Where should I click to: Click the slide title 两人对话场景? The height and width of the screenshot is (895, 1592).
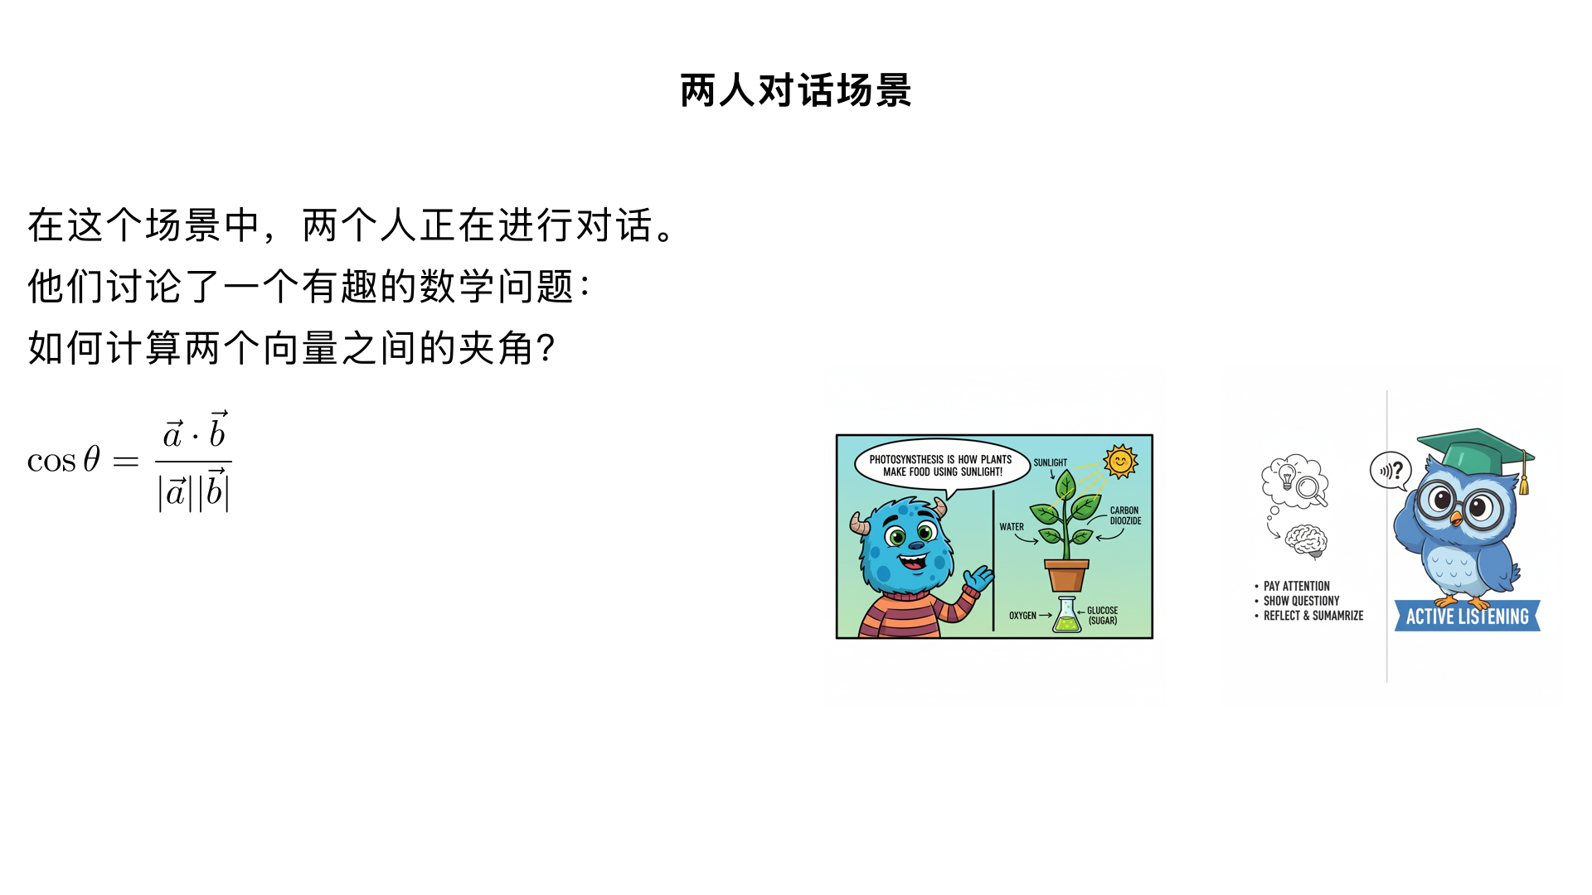coord(796,90)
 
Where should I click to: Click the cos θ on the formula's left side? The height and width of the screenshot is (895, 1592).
coord(64,460)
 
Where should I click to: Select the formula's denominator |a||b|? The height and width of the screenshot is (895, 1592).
coord(194,491)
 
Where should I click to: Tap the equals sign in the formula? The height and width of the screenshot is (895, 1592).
coord(126,461)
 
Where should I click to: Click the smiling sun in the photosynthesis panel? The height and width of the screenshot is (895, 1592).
coord(1120,462)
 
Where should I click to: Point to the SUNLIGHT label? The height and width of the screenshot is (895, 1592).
coord(1051,462)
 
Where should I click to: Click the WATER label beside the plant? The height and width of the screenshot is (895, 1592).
coord(1012,527)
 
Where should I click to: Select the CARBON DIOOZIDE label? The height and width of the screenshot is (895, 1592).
coord(1125,515)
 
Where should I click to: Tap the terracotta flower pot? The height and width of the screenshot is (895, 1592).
coord(1066,575)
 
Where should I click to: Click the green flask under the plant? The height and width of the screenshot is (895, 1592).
coord(1067,616)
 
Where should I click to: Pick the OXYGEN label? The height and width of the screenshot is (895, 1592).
coord(1022,616)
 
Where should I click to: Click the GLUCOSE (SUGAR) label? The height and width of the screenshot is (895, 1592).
coord(1103,616)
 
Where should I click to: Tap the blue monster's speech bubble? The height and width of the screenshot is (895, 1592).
coord(941,466)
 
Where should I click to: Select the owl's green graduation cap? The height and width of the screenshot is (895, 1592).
coord(1476,452)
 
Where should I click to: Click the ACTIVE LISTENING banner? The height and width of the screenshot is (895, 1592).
coord(1467,617)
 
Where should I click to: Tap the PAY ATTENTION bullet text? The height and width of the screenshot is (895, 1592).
coord(1296,586)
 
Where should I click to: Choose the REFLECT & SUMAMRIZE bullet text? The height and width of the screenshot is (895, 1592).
coord(1313,616)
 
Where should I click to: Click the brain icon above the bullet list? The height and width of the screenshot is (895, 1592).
coord(1307,541)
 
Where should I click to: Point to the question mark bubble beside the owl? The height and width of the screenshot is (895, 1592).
coord(1391,471)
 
